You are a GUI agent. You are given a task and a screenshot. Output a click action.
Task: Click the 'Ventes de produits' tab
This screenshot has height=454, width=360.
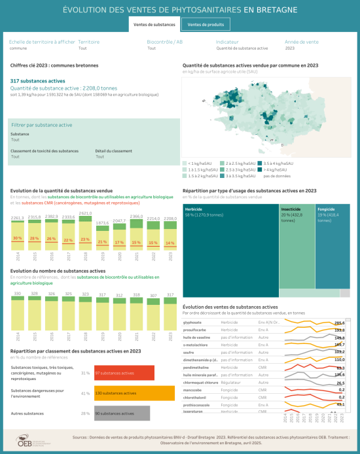point(205,25)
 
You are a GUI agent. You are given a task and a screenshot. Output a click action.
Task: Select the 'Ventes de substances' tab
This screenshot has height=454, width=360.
point(154,25)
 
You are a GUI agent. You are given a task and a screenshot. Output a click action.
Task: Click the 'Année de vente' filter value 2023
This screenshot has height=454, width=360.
point(290,48)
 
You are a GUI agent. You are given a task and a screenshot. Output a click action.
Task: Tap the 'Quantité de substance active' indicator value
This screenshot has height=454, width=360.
point(242,48)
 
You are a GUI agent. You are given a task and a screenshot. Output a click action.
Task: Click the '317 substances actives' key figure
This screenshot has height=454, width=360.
point(38,80)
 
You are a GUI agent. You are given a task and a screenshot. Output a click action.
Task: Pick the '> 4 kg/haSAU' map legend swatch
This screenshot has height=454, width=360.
point(260,169)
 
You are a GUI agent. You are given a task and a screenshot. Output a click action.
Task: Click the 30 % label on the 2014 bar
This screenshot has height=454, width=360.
point(18,238)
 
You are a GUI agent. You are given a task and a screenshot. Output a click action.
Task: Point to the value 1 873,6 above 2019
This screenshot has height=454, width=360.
point(102,223)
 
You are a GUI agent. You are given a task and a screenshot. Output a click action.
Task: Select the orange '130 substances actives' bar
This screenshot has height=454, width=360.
point(134,393)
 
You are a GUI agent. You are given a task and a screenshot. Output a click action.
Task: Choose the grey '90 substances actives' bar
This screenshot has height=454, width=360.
point(122,413)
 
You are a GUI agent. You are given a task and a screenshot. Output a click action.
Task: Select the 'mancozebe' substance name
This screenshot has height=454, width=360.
point(192,389)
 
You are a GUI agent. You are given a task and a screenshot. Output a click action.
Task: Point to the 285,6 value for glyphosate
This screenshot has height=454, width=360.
point(339,323)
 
